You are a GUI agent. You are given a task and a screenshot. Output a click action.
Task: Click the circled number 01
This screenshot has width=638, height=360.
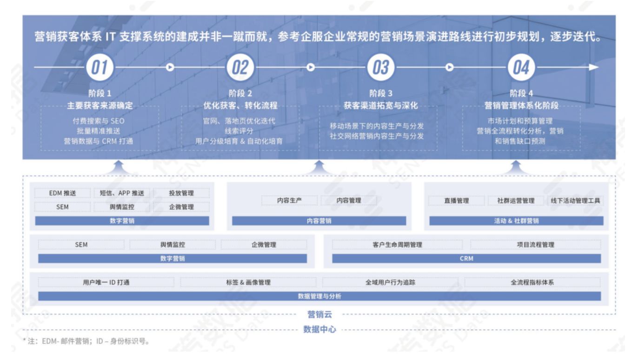coord(100,67)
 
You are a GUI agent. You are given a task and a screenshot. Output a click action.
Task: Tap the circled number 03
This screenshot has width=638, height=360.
coord(381,67)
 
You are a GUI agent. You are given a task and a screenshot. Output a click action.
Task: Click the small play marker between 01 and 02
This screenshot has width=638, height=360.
coord(170,67)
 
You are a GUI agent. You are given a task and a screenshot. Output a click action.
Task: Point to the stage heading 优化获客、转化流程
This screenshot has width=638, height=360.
coord(240,106)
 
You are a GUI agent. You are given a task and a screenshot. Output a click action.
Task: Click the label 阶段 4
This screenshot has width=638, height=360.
coord(521,93)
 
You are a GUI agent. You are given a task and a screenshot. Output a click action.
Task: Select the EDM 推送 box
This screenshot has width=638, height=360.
coord(62,193)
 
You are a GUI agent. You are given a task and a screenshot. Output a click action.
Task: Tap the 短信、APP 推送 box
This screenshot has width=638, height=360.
coord(122,193)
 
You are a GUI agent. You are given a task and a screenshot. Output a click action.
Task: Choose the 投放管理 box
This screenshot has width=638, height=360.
coord(181,193)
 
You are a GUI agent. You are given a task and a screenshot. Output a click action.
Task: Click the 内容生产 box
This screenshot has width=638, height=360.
coord(289,200)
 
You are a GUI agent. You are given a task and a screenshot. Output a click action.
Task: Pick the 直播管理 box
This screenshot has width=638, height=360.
coord(457,200)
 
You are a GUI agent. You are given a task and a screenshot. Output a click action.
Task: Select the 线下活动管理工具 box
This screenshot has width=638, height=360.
coord(575,200)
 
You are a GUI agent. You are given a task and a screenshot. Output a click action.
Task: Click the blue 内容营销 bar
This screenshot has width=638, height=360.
coord(319,221)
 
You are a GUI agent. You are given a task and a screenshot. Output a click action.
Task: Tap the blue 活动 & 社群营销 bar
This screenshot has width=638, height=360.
coord(516,221)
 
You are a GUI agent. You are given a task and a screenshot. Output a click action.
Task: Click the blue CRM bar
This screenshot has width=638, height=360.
coord(466,258)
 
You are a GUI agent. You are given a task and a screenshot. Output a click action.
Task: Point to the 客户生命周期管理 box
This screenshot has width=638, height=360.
coord(397,245)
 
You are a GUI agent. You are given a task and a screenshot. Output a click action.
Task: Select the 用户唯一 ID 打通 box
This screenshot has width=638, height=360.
coord(106,282)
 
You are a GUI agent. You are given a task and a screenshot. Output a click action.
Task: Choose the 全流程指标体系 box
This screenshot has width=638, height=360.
coord(532,282)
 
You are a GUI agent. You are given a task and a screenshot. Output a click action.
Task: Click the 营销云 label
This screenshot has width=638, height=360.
coord(319,314)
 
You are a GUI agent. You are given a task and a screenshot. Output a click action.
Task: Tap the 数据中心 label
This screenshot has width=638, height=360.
coord(319,329)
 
